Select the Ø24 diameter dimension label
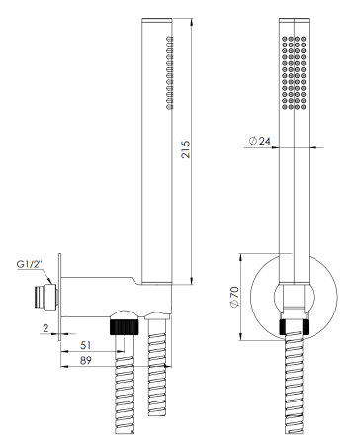coord(259,144)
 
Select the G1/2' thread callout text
coord(30,263)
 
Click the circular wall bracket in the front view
coord(263,297)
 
